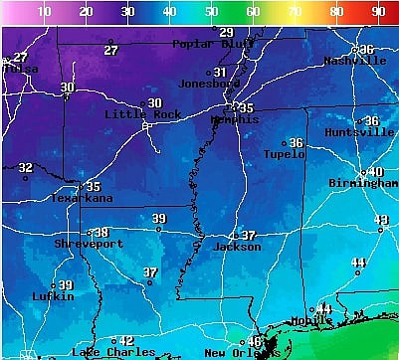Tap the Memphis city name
pos(235,119)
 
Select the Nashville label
pos(355,61)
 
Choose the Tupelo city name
pos(285,154)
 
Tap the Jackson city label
pos(238,247)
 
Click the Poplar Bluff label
pos(207,44)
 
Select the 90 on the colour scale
pos(378,12)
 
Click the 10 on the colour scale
pos(44,12)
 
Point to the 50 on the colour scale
pos(211,12)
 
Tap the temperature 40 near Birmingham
pos(376,172)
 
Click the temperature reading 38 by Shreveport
pos(101,232)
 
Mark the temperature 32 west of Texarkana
pos(26,167)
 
